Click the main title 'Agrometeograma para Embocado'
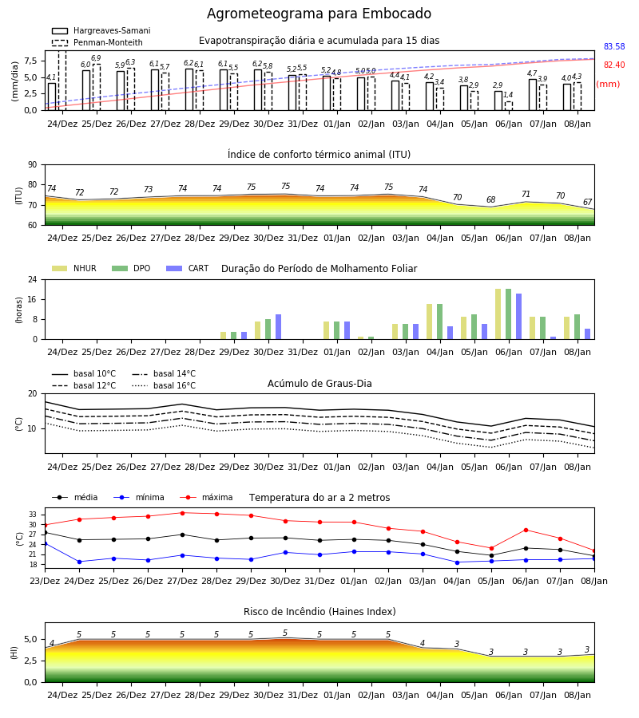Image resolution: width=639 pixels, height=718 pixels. point(319,14)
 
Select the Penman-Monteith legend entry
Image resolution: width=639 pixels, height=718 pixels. point(97,42)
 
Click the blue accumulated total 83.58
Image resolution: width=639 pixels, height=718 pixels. point(614,47)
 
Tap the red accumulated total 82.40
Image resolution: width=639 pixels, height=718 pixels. point(614,65)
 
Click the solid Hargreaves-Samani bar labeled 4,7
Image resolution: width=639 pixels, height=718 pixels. point(533,95)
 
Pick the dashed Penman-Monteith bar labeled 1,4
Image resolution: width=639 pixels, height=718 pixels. point(509,106)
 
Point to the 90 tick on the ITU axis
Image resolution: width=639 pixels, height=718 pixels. point(33,165)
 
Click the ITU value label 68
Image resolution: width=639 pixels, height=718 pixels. point(491,199)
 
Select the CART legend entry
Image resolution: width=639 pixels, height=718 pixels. point(188,268)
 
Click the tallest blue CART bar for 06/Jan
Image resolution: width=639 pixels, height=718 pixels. point(519,317)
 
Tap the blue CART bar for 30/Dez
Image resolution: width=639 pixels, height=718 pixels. point(278,327)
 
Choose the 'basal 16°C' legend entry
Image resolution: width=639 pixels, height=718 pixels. point(164,386)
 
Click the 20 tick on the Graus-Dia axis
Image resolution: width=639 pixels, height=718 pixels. point(33,394)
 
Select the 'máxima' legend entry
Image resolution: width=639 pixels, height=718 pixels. point(206,497)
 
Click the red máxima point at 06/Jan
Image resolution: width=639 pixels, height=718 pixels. point(526,531)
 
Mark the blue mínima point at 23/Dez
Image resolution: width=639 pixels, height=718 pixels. point(45,543)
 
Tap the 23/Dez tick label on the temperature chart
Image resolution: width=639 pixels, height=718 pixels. point(45,581)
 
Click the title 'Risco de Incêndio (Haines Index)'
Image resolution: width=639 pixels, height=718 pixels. point(319,612)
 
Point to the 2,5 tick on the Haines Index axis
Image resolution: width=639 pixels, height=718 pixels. point(30,661)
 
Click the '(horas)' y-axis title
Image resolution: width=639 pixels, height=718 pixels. point(19,310)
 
